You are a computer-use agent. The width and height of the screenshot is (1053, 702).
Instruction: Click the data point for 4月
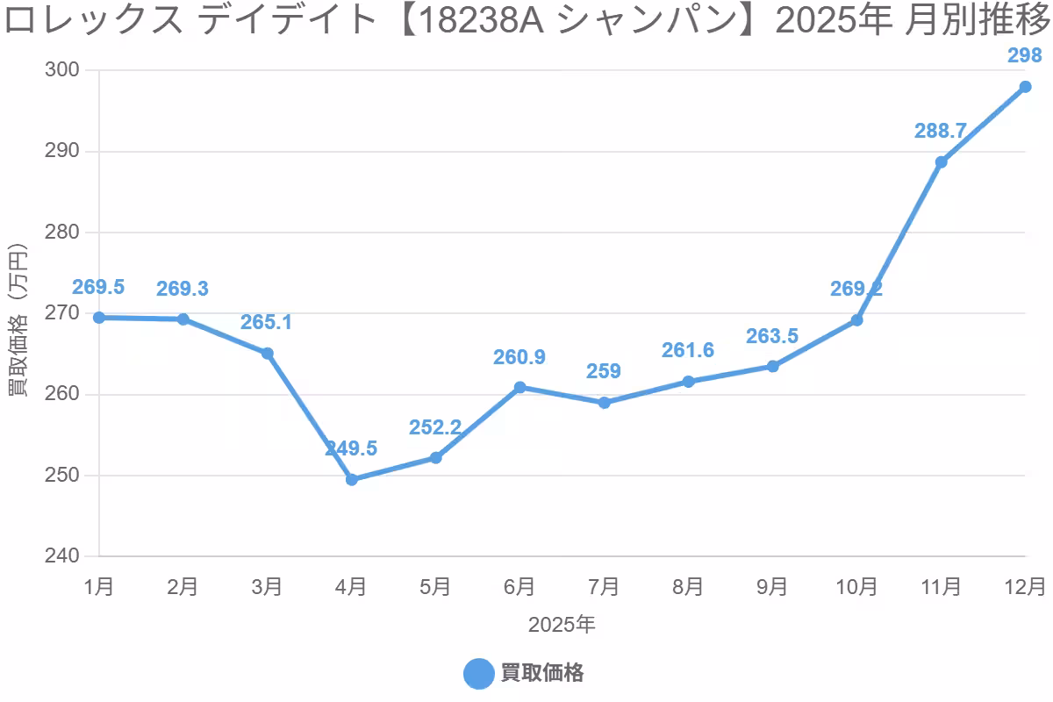pyautogui.click(x=352, y=480)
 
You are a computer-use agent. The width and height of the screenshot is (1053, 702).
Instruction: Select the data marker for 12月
pyautogui.click(x=1025, y=87)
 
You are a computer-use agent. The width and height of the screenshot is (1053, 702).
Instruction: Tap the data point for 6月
pyautogui.click(x=520, y=387)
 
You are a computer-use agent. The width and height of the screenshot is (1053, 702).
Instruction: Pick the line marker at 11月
pyautogui.click(x=941, y=162)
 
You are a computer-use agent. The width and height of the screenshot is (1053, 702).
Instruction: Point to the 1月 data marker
pyautogui.click(x=99, y=318)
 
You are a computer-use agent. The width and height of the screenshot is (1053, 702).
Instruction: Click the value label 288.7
pyautogui.click(x=940, y=131)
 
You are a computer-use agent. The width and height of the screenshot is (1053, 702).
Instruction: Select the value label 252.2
pyautogui.click(x=435, y=426)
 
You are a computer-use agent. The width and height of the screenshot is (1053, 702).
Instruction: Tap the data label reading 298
pyautogui.click(x=1024, y=56)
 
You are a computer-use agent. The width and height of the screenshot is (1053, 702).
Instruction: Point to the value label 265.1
pyautogui.click(x=267, y=322)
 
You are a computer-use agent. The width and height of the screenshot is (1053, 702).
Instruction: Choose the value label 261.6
pyautogui.click(x=688, y=350)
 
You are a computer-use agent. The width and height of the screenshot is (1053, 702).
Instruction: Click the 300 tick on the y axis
pyautogui.click(x=61, y=70)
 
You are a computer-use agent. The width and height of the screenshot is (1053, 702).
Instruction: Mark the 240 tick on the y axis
pyautogui.click(x=61, y=556)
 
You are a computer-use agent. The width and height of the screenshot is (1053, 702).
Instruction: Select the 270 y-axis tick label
pyautogui.click(x=61, y=313)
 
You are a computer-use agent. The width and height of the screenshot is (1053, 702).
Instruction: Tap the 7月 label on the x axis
pyautogui.click(x=604, y=586)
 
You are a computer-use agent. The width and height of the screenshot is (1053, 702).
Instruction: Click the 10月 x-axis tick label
pyautogui.click(x=856, y=586)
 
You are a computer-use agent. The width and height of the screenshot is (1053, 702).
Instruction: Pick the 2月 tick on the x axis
pyautogui.click(x=183, y=586)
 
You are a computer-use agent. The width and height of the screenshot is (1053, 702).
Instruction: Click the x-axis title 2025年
pyautogui.click(x=562, y=625)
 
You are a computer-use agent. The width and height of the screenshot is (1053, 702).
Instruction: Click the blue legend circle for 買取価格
pyautogui.click(x=478, y=673)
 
